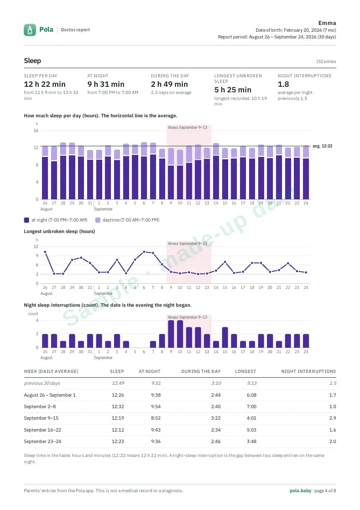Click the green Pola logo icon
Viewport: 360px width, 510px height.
pos(30,30)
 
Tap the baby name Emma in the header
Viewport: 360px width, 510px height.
pos(327,23)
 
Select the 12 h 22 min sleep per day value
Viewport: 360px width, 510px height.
pos(45,84)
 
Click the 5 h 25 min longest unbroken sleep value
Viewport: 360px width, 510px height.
pos(232,90)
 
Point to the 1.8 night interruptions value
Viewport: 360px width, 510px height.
pos(283,84)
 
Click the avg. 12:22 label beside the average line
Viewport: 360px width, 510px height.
pos(322,146)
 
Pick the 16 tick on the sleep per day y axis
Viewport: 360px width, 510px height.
pos(36,130)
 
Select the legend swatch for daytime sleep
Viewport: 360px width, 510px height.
pos(97,220)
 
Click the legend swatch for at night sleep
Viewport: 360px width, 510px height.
pos(27,220)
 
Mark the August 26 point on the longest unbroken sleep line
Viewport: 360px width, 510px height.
pos(45,252)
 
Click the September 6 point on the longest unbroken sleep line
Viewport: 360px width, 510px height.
pos(144,252)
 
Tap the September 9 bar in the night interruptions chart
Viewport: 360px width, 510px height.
pos(171,334)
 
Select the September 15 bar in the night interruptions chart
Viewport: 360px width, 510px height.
pos(225,337)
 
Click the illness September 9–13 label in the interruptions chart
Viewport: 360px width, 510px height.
pos(187,317)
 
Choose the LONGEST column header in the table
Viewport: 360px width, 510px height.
pos(245,371)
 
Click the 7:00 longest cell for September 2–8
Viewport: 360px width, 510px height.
pos(251,407)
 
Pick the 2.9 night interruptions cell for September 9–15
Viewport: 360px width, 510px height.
pos(332,418)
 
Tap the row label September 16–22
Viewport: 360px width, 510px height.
pos(42,430)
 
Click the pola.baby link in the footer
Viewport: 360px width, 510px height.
pos(300,491)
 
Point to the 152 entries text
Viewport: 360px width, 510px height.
pos(326,61)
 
